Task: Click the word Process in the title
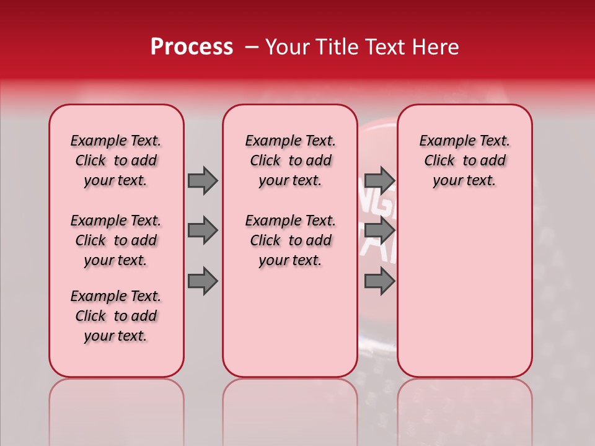click(191, 47)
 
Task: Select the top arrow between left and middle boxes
click(203, 180)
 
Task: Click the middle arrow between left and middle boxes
click(203, 230)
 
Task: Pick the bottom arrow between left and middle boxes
click(203, 281)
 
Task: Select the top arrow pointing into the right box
click(379, 180)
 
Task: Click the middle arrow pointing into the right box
click(379, 230)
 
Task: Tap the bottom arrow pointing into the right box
click(379, 281)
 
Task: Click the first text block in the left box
click(116, 160)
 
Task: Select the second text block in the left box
click(116, 240)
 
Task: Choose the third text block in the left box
click(116, 316)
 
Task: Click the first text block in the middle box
click(291, 160)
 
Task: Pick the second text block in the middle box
click(291, 240)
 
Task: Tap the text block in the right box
click(465, 160)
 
